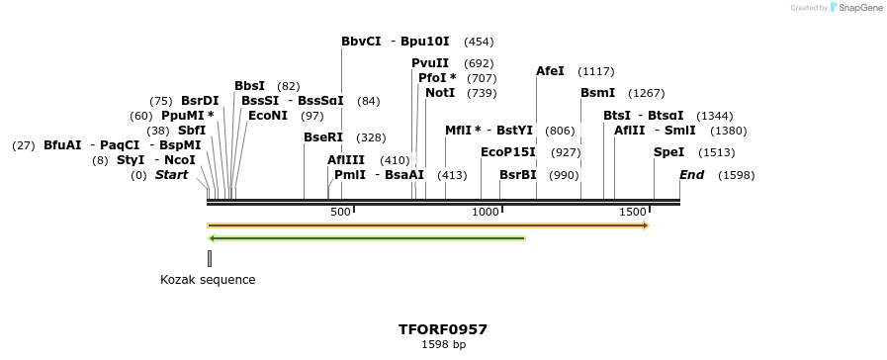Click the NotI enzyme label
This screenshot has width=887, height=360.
click(x=440, y=93)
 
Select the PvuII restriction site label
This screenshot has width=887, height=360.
click(x=430, y=63)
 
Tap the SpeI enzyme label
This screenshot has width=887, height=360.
click(x=668, y=152)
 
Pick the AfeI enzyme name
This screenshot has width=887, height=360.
click(x=550, y=71)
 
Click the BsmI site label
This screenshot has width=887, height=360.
click(x=597, y=93)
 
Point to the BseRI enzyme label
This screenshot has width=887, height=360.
click(x=323, y=137)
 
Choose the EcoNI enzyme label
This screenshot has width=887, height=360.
click(x=268, y=116)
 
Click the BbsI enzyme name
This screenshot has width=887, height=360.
click(x=249, y=86)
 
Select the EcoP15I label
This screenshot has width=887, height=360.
click(x=508, y=152)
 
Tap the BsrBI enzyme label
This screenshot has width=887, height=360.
click(x=518, y=175)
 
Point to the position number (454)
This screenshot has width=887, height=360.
click(x=479, y=42)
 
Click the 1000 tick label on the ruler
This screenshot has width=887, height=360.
click(x=486, y=213)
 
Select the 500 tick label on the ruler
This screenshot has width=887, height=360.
click(x=340, y=213)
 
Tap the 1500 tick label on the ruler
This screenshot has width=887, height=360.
click(x=632, y=213)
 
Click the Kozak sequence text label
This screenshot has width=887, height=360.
click(x=208, y=280)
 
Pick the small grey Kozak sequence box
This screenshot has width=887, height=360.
click(x=210, y=259)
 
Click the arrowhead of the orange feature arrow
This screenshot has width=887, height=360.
click(x=645, y=225)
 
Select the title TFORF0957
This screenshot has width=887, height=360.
click(x=443, y=329)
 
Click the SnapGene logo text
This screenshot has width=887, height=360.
click(x=858, y=8)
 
